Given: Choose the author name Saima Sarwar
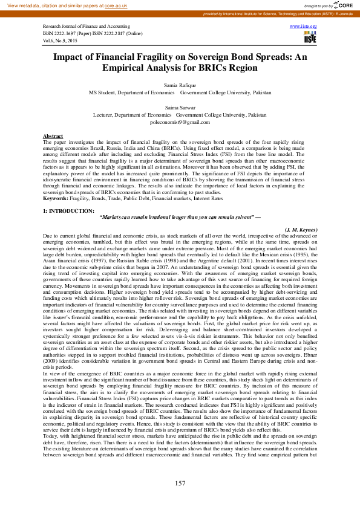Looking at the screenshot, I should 180,107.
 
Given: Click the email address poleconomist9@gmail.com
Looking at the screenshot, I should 180,122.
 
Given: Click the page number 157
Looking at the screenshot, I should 180,483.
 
